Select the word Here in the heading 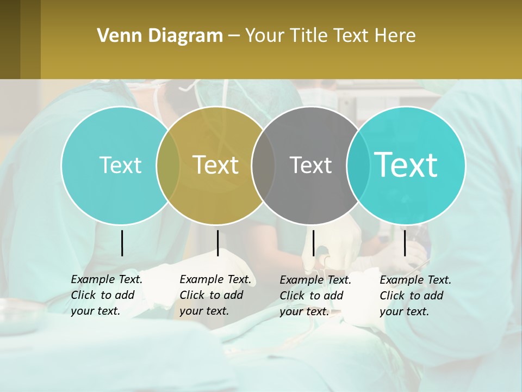(x=395, y=36)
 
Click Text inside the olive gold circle (x=216, y=165)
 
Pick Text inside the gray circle (x=310, y=165)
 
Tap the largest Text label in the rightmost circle (x=406, y=165)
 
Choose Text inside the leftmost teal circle (x=120, y=165)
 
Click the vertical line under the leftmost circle (x=122, y=243)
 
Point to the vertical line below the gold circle (x=217, y=243)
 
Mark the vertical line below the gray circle (x=313, y=243)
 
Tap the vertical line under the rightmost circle (x=405, y=243)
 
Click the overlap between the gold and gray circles (x=264, y=166)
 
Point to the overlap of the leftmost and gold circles (x=169, y=166)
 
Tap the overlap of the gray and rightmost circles (x=357, y=166)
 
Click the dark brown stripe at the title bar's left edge (x=10, y=39)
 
